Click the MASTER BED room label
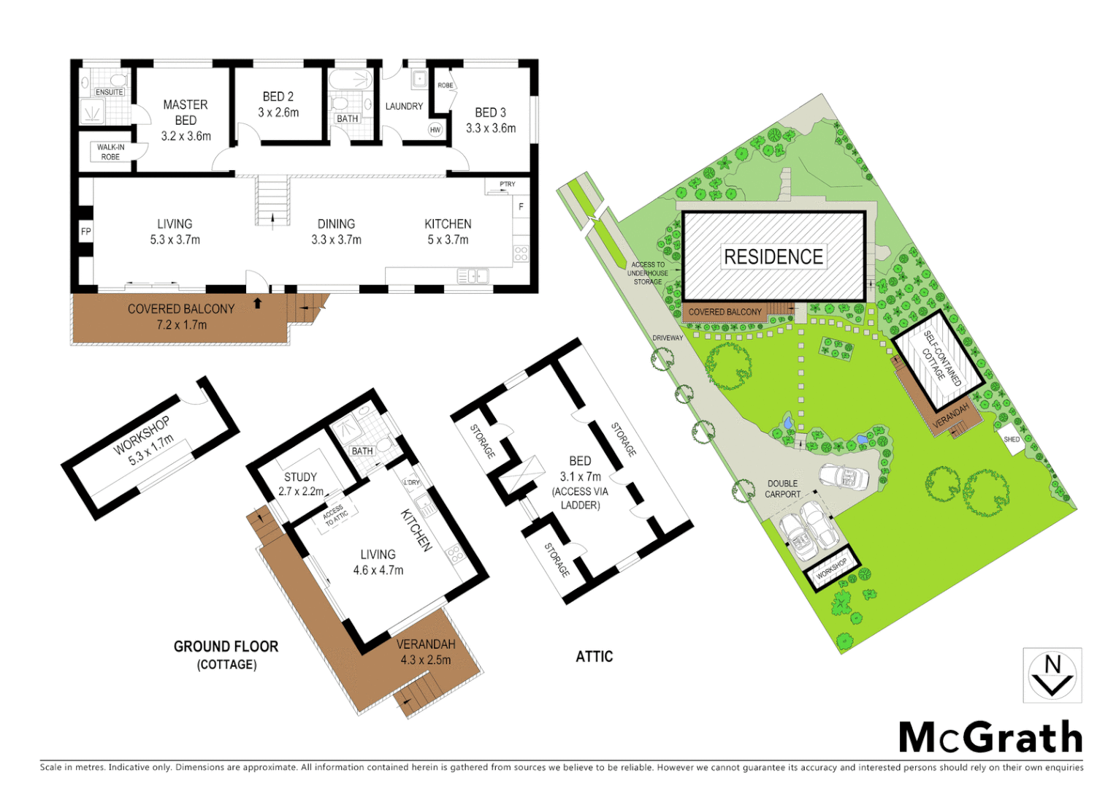(x=186, y=113)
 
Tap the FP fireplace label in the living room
(x=85, y=232)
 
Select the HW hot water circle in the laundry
(x=435, y=130)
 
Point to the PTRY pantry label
(x=507, y=184)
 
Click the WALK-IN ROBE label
(x=110, y=152)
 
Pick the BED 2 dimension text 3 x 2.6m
(x=278, y=113)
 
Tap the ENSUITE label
(x=109, y=92)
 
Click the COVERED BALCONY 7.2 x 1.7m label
(x=181, y=316)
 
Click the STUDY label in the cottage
(x=300, y=476)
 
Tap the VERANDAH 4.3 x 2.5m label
(x=426, y=652)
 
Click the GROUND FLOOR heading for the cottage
(x=226, y=647)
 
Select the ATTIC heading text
(x=594, y=657)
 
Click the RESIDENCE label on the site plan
(x=773, y=257)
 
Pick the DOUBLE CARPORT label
(x=782, y=489)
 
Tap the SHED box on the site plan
(x=1012, y=440)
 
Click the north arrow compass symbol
(x=1052, y=675)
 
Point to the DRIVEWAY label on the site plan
(x=668, y=338)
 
